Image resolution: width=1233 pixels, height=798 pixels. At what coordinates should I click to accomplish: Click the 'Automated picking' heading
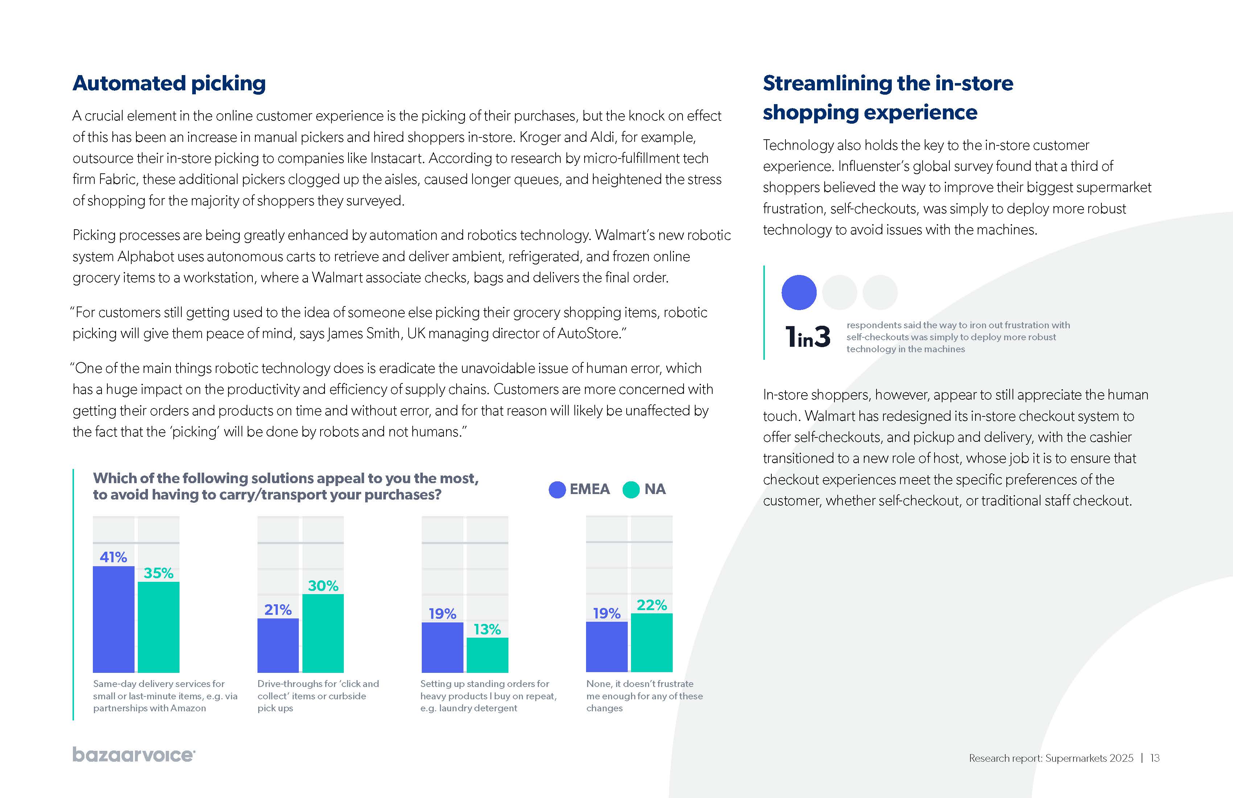pos(169,83)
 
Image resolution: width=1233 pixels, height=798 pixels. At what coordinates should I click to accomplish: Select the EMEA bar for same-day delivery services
pos(114,619)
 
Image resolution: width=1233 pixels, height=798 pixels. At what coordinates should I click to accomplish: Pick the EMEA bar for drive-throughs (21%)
pos(278,645)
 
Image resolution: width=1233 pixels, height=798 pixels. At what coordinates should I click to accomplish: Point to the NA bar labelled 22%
pos(651,642)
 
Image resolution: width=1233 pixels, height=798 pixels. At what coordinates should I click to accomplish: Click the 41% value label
pos(114,557)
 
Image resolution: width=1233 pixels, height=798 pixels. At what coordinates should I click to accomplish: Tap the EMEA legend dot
pos(557,490)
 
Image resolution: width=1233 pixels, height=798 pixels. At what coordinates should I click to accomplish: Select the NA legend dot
pos(631,490)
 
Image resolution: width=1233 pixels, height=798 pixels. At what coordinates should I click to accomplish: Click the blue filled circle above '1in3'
pos(799,292)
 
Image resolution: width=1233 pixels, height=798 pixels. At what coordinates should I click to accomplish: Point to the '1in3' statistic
pos(808,337)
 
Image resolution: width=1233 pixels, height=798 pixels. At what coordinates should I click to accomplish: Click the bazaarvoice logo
pos(134,755)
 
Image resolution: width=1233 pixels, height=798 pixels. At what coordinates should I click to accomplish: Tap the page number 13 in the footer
pos(1155,758)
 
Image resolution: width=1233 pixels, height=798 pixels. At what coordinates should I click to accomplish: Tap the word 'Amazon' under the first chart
pos(189,708)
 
